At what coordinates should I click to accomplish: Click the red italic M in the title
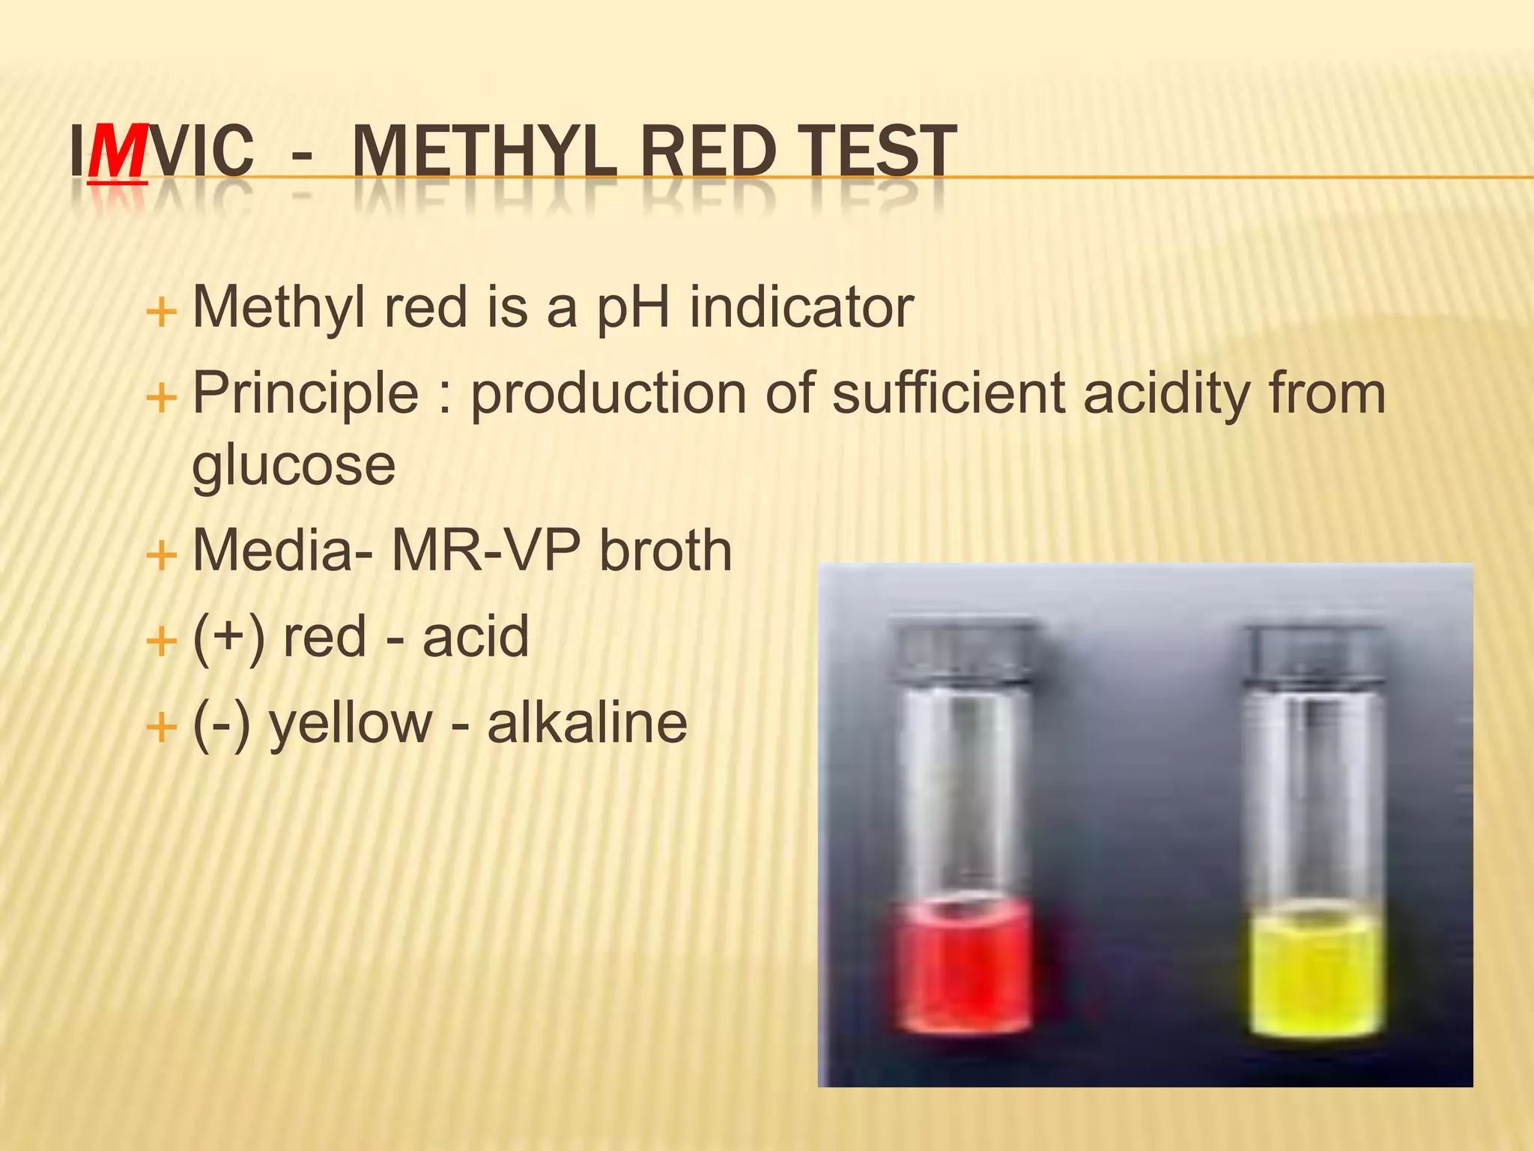coord(118,152)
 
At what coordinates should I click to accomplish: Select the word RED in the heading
coord(708,152)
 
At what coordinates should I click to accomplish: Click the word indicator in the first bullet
coord(801,307)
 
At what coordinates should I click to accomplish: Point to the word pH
coord(633,309)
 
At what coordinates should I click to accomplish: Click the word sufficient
coord(948,393)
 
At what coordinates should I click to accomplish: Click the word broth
coord(665,552)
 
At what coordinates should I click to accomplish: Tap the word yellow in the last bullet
coord(351,725)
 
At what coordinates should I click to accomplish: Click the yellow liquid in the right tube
coord(1316,974)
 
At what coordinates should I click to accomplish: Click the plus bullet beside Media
coord(161,556)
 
